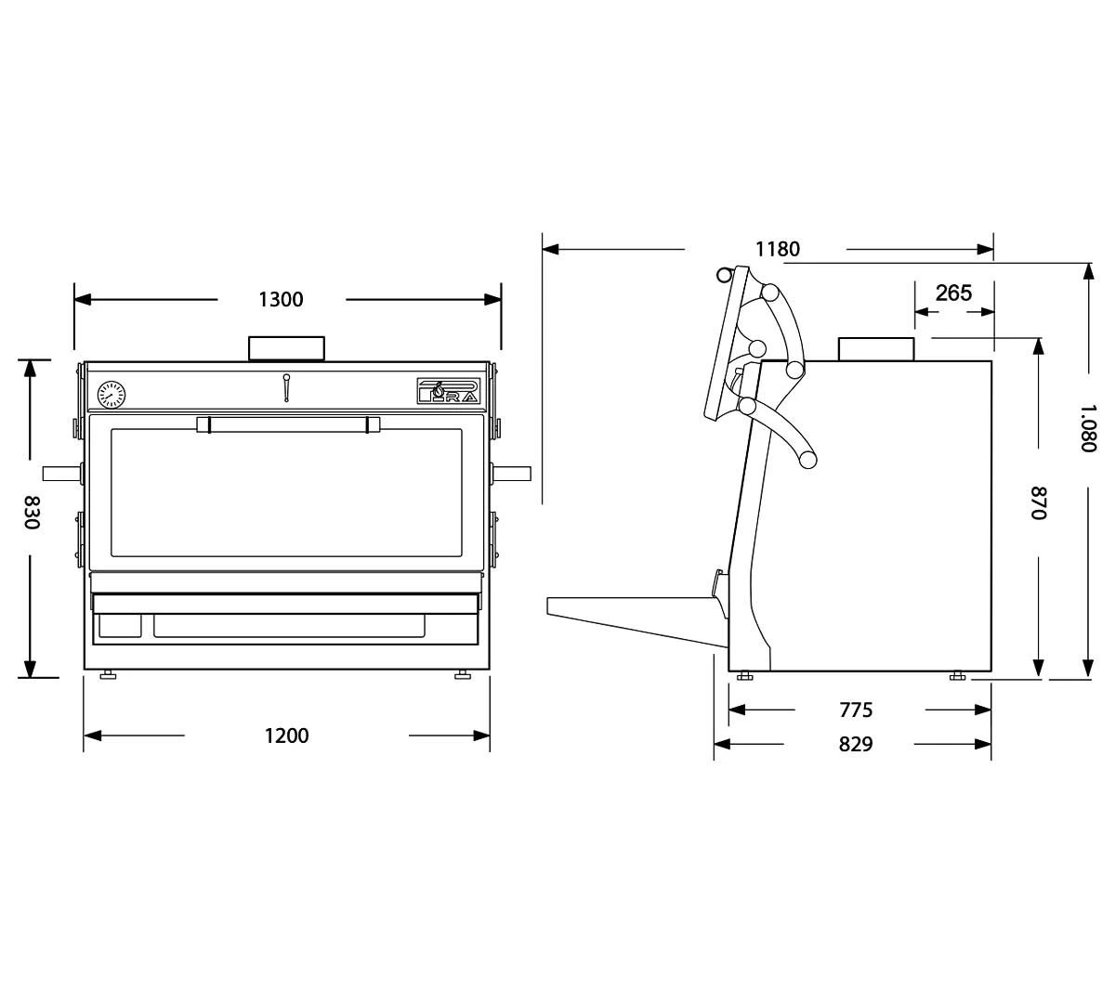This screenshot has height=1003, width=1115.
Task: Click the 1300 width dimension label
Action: (x=281, y=300)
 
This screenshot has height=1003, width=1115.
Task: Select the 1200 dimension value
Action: (x=286, y=736)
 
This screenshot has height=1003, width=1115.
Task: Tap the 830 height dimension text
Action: (x=32, y=513)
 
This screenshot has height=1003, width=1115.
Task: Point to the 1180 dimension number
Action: (x=778, y=249)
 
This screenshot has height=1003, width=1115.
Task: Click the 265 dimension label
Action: (x=954, y=293)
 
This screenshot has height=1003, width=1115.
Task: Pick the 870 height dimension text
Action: (x=1038, y=502)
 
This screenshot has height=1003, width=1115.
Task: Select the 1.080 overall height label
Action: (x=1088, y=428)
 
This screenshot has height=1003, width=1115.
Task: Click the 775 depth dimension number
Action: (x=856, y=710)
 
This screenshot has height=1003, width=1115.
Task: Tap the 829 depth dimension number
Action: (x=856, y=744)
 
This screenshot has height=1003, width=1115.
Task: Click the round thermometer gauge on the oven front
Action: (x=111, y=395)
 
